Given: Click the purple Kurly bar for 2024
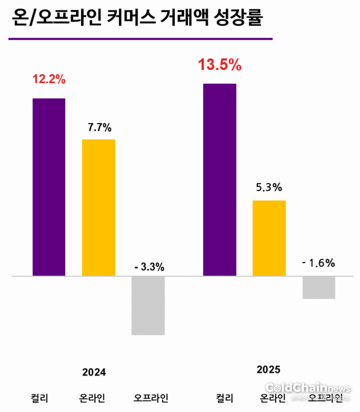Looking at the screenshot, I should pos(49,187).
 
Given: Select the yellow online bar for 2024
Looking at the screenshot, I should pos(98,207).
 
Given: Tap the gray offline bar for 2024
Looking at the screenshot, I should pos(148,306).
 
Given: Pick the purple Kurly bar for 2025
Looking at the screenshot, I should pos(220,180).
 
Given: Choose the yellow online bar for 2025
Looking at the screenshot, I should pos(269,238).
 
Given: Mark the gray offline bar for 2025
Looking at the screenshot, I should pos(319,288).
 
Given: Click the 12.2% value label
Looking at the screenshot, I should pos(49,80).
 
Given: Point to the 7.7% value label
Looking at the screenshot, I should pos(99,128).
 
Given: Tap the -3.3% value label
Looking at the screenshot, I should pos(149,267).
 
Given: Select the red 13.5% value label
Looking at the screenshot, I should pos(220,66).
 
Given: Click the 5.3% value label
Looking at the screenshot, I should pos(269,187).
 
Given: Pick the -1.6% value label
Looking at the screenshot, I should pos(318,263).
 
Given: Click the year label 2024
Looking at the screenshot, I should pos(94,372).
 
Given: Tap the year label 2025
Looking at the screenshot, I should pos(268,369).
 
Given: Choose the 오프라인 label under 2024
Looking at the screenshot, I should pos(151,398).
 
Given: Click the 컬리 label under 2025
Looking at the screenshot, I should pos(224,398).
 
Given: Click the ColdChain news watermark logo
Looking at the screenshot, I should pos(307,389).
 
